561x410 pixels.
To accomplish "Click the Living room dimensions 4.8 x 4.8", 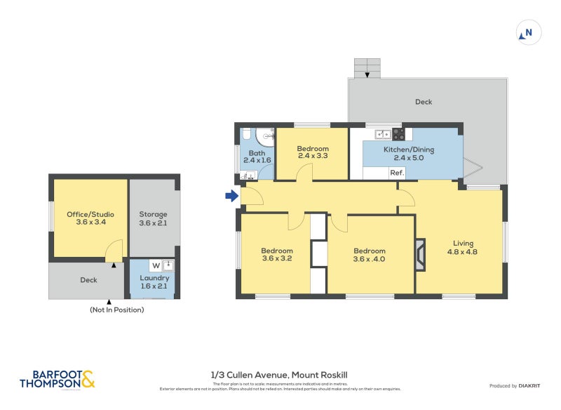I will pos(462,252).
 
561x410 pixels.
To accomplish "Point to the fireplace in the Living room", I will pos(419,255).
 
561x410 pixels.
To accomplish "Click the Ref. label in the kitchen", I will pos(396,173).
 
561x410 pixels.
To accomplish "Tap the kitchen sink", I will pos(382,133).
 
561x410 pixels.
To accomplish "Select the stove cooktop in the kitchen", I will pos(398,133).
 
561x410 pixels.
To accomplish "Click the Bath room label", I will pos(257,152).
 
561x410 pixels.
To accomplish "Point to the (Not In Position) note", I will pos(116,310).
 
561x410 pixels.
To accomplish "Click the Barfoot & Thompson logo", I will pos(57,380).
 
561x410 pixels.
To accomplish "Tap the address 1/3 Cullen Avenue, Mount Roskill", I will pos(279,375).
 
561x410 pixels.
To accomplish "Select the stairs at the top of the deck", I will pos(367,67).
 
